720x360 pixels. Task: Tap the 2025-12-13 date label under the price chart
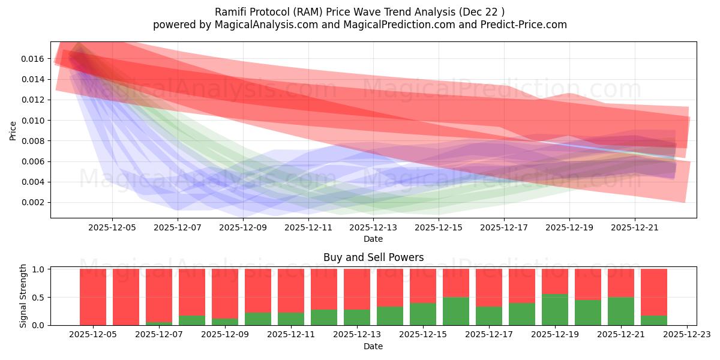(x=373, y=228)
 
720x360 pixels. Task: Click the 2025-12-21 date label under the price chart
(x=635, y=228)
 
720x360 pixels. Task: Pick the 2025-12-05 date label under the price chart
(x=112, y=228)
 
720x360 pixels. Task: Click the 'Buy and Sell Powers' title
(x=373, y=257)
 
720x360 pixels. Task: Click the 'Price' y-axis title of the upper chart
(x=13, y=130)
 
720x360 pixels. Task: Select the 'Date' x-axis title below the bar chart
(x=373, y=346)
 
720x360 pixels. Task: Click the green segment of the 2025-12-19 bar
(x=555, y=310)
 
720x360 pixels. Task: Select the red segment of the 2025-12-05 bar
(x=93, y=297)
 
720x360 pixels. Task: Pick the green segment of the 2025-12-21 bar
(x=621, y=311)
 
